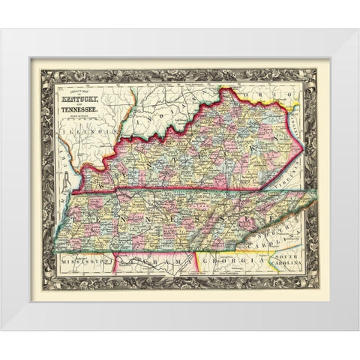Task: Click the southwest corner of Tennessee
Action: point(58,256)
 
